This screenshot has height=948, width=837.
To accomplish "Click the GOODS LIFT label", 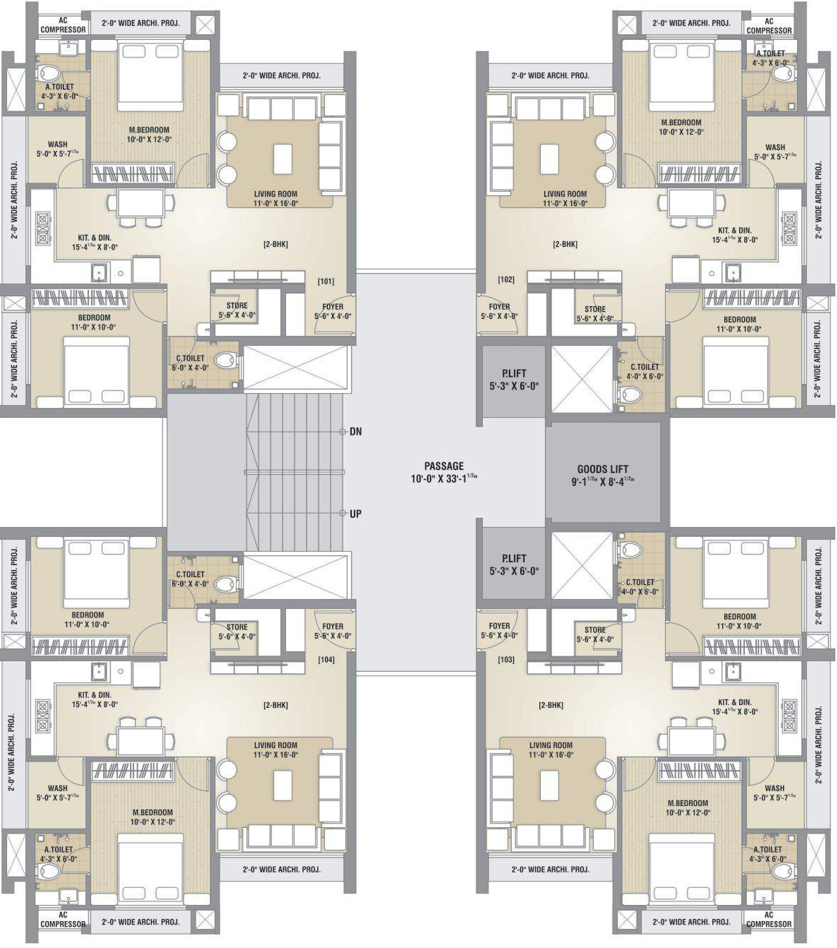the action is click(602, 469).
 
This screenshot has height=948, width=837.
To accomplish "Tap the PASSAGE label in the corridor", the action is click(444, 466).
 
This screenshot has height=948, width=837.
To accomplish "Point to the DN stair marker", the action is click(356, 432).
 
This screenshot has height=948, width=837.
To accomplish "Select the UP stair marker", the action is click(356, 514).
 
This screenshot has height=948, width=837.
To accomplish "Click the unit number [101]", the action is click(326, 282).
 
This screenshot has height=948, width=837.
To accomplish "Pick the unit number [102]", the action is click(506, 280).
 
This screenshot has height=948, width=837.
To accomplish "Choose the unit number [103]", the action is click(506, 659).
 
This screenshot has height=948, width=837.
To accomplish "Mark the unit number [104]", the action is click(326, 659).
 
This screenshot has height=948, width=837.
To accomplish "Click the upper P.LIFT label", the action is click(514, 374).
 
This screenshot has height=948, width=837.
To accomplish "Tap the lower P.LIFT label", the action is click(514, 558).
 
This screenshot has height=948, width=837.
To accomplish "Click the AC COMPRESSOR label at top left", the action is click(63, 25).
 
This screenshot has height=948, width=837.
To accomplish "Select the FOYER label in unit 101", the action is click(333, 307).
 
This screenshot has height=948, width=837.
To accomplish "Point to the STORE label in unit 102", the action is click(595, 309).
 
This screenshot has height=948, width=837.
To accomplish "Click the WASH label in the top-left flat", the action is click(58, 144).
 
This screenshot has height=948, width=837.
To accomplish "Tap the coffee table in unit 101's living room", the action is click(283, 159).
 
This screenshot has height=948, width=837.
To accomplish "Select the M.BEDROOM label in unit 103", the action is click(688, 803).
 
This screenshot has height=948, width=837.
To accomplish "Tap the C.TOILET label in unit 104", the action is click(190, 574).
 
